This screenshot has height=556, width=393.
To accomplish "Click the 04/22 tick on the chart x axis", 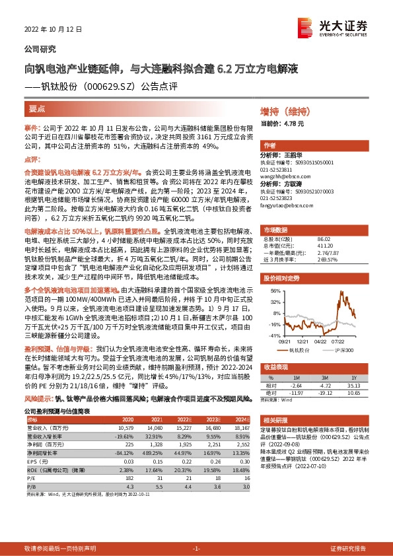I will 320,341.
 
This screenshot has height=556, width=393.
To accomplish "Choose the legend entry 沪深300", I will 344,349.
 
